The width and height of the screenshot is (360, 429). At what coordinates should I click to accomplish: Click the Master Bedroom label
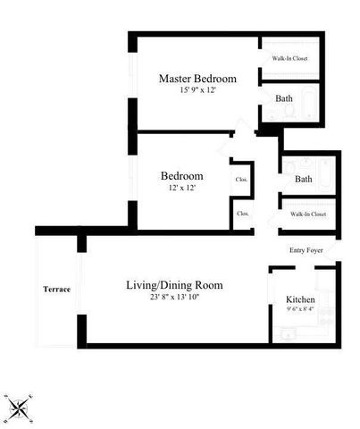(197, 79)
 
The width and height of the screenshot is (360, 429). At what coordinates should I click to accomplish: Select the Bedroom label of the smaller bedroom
(181, 175)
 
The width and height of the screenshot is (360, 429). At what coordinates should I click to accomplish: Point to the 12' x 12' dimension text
(181, 188)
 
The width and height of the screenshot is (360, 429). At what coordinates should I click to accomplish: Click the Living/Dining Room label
(174, 285)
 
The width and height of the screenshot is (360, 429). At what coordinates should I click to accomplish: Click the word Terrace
(57, 290)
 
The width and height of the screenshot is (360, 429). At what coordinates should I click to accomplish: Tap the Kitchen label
(300, 299)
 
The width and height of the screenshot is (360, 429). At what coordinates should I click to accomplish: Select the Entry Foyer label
(307, 249)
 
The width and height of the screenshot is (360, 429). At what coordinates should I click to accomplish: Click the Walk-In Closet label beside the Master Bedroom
(290, 59)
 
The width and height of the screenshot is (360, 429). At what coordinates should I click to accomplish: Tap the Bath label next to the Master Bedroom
(284, 98)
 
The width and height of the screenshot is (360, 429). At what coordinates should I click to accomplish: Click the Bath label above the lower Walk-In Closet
(304, 179)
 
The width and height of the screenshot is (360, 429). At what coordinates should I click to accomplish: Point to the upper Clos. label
(241, 180)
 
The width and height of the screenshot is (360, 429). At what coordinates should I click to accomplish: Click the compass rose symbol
(18, 407)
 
